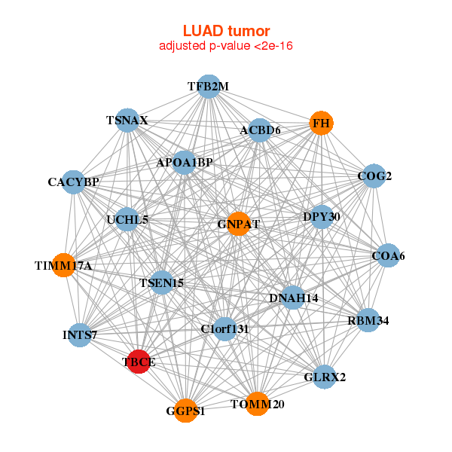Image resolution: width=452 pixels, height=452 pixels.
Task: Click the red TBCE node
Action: (x=139, y=362)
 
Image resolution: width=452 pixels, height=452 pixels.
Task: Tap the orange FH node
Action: (x=322, y=123)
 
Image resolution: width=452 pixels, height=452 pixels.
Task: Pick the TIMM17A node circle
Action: (x=64, y=265)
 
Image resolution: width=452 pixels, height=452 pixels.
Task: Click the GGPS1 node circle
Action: (x=185, y=411)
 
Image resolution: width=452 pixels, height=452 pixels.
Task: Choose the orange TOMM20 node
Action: (x=258, y=404)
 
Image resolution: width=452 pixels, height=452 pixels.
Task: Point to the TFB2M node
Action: (x=209, y=87)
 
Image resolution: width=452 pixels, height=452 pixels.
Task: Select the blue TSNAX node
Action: (x=127, y=121)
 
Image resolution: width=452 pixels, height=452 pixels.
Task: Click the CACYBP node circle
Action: (x=74, y=182)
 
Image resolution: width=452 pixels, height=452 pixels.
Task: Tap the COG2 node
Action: (x=374, y=176)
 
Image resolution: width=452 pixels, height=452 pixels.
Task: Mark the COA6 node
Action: (x=388, y=256)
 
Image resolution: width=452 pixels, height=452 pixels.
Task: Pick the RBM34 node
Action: (x=368, y=321)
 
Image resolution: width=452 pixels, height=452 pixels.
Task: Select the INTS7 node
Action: (x=80, y=334)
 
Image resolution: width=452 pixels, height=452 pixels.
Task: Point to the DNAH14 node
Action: (x=293, y=298)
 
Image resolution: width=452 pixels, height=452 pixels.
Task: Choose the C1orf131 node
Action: (x=224, y=328)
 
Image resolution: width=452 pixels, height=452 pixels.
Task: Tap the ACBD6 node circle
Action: (x=260, y=130)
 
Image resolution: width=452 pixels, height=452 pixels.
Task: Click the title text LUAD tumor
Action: (x=226, y=31)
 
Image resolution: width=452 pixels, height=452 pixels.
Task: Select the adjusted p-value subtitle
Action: (x=226, y=46)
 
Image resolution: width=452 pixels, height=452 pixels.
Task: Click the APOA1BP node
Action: (x=185, y=162)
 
